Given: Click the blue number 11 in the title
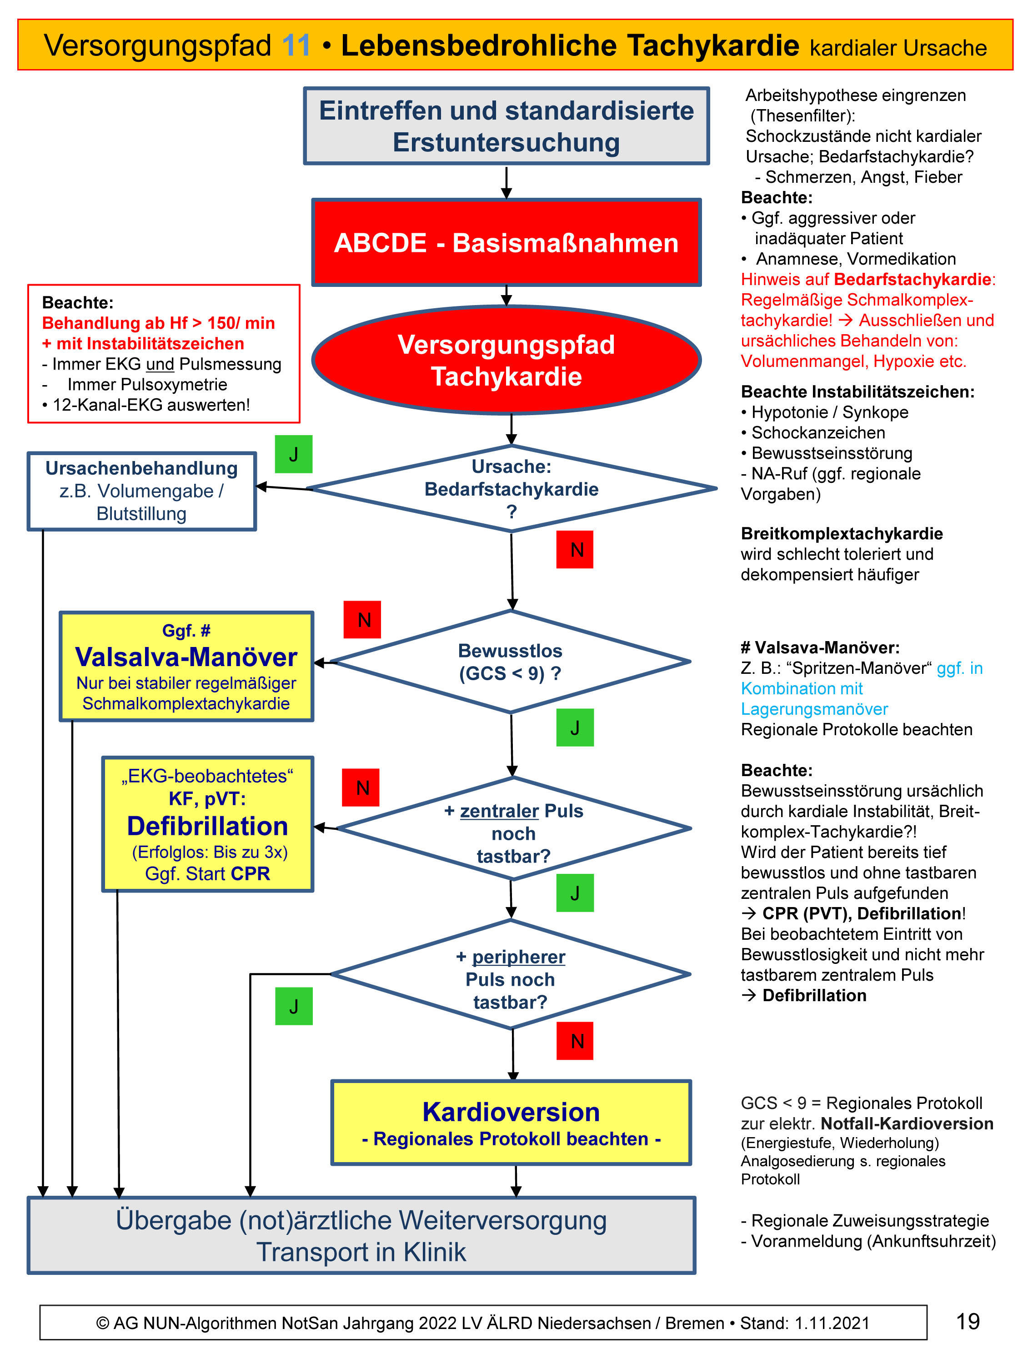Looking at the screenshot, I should pos(296,45).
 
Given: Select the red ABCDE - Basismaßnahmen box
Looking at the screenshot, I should pos(506,243).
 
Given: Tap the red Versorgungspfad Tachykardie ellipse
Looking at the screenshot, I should pos(506,361).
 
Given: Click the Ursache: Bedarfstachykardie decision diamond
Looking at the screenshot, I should pos(511,488).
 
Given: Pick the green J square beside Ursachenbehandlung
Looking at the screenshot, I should pos(294,455).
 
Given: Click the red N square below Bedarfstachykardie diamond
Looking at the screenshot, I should pos(575,549).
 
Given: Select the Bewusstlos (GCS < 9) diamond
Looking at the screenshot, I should pos(510,662).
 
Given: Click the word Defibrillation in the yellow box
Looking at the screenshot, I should pos(207,826).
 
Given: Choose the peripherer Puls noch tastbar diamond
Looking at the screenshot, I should pos(510,975).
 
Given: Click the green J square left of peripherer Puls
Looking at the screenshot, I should pos(294,1006).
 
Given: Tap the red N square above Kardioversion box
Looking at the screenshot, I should pos(575,1041).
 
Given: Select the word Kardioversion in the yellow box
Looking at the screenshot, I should pos(511,1113).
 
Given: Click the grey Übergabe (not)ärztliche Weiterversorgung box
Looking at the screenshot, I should pos(361,1236).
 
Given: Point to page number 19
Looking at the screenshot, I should pos(968,1322).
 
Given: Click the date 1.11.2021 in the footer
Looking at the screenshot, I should pos(832,1323).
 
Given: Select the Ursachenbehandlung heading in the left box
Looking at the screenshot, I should pos(141,469).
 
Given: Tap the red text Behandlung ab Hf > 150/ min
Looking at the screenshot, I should pos(159,323).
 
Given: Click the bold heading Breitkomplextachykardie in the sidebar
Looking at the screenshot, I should pos(842,533).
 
